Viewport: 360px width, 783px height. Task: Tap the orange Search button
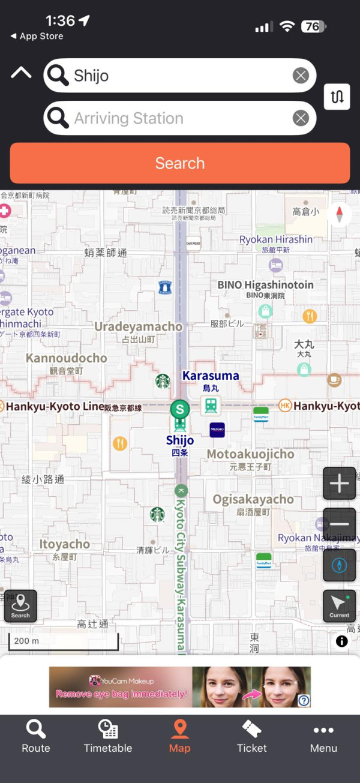click(x=179, y=163)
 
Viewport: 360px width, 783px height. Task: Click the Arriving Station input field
click(x=180, y=118)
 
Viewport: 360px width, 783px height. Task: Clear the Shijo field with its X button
click(x=301, y=76)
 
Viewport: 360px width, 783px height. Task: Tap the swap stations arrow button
click(x=337, y=97)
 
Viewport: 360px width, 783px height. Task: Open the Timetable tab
click(x=108, y=736)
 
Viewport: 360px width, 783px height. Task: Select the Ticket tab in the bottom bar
click(x=252, y=736)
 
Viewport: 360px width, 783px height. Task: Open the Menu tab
click(x=323, y=736)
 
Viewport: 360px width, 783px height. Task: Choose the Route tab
click(x=36, y=736)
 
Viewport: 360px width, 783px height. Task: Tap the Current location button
click(x=339, y=606)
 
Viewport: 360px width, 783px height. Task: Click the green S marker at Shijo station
click(x=179, y=410)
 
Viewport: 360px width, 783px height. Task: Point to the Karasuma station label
click(x=211, y=376)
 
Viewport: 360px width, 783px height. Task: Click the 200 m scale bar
click(x=63, y=641)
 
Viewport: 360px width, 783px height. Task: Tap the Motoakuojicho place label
click(x=250, y=454)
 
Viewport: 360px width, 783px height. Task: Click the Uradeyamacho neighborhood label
click(x=139, y=327)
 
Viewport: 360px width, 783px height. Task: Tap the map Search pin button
click(x=20, y=606)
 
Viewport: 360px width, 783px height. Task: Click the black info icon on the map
click(x=342, y=641)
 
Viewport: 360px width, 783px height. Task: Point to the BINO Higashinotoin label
click(x=265, y=285)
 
